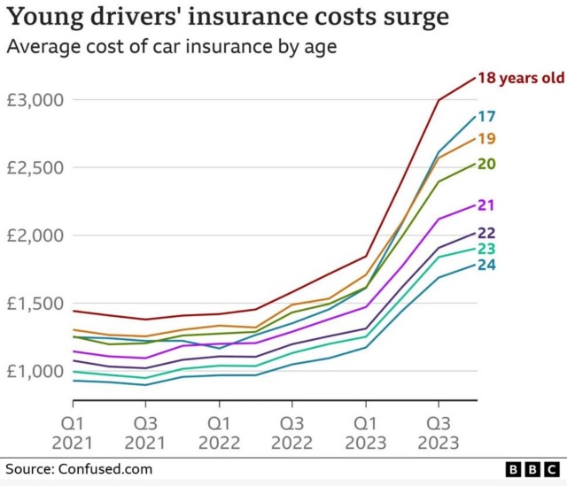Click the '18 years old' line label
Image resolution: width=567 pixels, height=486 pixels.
[521, 78]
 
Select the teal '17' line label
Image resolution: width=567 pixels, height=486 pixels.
[486, 116]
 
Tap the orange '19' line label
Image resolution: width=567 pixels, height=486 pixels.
[486, 138]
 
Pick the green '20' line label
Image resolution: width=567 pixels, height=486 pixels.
[486, 163]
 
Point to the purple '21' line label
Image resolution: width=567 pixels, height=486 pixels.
[486, 204]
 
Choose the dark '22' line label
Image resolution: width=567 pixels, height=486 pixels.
[486, 233]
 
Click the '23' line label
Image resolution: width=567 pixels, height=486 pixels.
[486, 249]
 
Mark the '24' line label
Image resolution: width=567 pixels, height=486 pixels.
[486, 264]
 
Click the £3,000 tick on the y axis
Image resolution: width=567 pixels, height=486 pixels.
[35, 100]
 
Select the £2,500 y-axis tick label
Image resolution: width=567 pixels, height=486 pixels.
[35, 168]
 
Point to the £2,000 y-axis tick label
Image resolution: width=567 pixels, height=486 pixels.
[35, 235]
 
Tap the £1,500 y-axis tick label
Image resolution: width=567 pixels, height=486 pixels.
[35, 304]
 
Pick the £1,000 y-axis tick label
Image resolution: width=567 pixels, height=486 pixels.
[35, 372]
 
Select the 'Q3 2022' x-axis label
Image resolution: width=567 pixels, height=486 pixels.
[291, 431]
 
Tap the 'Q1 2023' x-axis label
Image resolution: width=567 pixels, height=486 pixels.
[364, 431]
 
